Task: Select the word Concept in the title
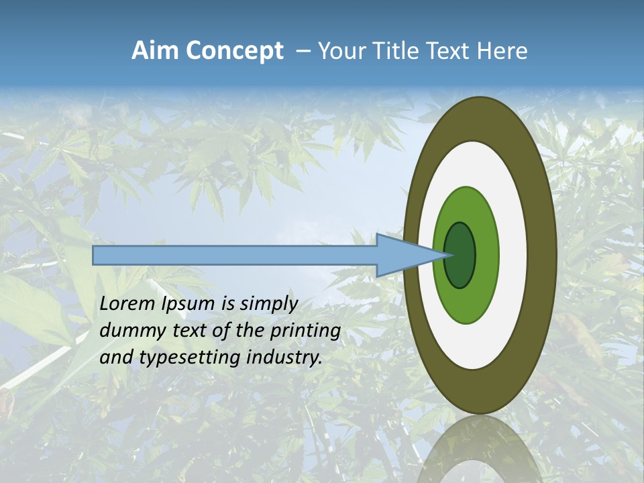tap(234, 52)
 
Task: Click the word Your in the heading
tap(342, 51)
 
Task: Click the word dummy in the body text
tap(127, 331)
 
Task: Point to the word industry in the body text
tap(284, 358)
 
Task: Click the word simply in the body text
tap(268, 305)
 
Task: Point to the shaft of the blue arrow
tap(235, 256)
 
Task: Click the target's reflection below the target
tap(479, 449)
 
